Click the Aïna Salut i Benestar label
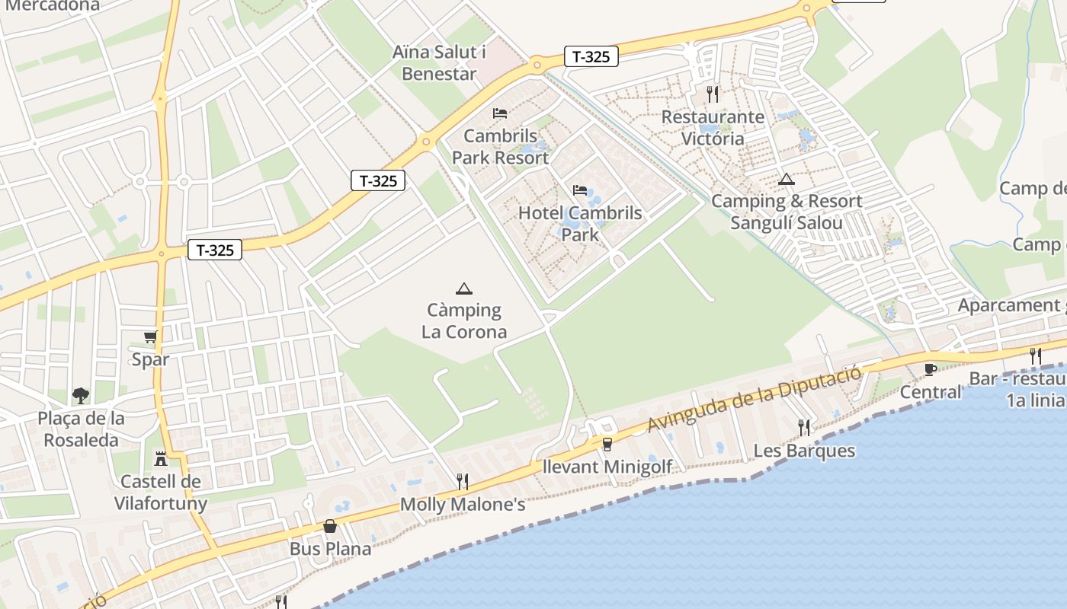[439, 63]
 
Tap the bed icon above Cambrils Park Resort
[500, 113]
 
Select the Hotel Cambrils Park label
[580, 224]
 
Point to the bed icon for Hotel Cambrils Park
[580, 190]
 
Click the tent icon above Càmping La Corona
[463, 289]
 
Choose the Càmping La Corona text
[464, 321]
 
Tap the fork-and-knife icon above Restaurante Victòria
[713, 94]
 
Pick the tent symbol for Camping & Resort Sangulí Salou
[787, 180]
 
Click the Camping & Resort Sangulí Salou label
[787, 212]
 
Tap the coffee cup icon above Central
[930, 369]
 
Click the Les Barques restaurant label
[804, 451]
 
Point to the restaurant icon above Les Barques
[804, 427]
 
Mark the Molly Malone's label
[463, 504]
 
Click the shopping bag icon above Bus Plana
[330, 526]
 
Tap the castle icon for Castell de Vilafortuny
[161, 458]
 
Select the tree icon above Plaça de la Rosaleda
[81, 395]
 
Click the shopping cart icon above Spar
[151, 336]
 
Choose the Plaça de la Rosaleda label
[82, 429]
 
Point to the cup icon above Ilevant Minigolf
[607, 444]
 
